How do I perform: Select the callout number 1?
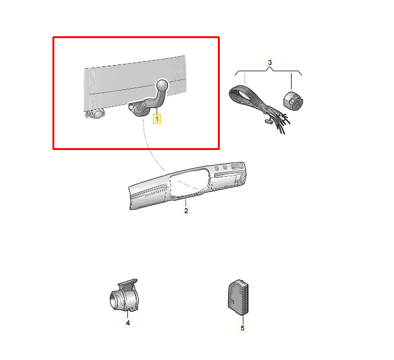[x=157, y=117]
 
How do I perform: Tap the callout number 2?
[x=185, y=211]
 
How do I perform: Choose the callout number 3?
[x=270, y=62]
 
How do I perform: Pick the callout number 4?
[x=127, y=323]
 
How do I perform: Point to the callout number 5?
[x=243, y=327]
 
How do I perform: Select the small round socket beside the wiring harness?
[x=292, y=101]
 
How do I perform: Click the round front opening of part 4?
[x=116, y=301]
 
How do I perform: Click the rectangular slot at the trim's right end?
[x=235, y=167]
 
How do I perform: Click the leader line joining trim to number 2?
[x=185, y=201]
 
